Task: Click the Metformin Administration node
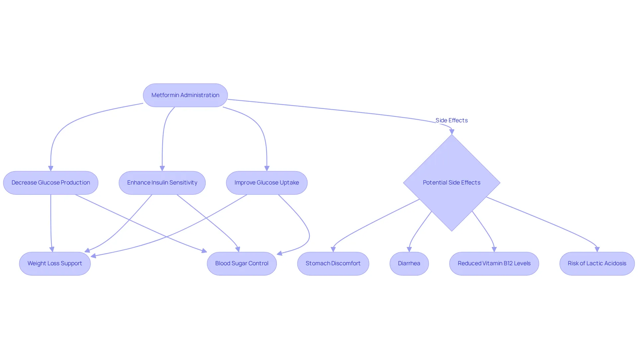[x=185, y=95]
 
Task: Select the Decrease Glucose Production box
[x=51, y=182]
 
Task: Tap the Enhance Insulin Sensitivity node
[x=162, y=182]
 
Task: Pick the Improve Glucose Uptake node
[x=267, y=182]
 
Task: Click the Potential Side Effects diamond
[x=452, y=182]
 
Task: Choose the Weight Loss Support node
[x=55, y=263]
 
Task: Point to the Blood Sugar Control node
[x=242, y=263]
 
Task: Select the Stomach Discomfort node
[x=333, y=263]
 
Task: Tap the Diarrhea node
[x=409, y=263]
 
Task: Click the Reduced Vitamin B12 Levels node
[x=494, y=263]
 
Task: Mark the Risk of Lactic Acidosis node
[x=597, y=263]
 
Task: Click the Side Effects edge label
[x=452, y=120]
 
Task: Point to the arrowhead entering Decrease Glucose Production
[x=51, y=169]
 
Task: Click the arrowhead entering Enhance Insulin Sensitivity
[x=162, y=169]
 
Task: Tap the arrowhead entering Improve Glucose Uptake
[x=267, y=169]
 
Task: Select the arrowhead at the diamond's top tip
[x=452, y=132]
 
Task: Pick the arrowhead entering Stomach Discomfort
[x=333, y=249]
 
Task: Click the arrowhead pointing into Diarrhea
[x=409, y=249]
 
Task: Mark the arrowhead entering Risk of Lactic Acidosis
[x=597, y=249]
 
